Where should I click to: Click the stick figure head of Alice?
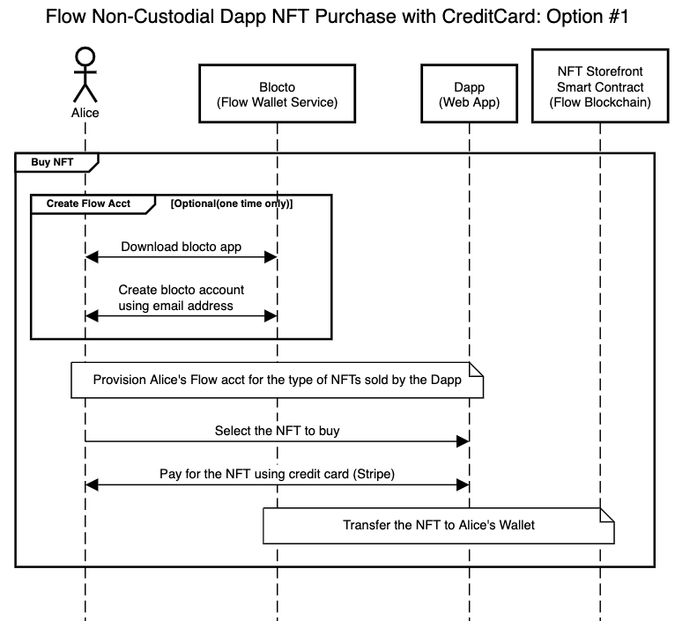click(85, 57)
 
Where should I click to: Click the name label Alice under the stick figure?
click(85, 113)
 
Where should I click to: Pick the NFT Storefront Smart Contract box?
click(599, 87)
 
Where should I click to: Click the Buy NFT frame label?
click(52, 161)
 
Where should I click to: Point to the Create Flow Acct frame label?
click(88, 203)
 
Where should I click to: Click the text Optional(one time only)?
click(231, 203)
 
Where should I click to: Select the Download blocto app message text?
click(182, 247)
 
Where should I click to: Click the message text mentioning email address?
click(182, 306)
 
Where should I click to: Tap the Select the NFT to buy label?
click(277, 432)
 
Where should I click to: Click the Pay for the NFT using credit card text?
click(277, 474)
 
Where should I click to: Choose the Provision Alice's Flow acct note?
click(277, 381)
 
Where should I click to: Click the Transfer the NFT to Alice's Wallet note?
click(438, 526)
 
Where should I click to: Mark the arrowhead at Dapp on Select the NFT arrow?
click(462, 441)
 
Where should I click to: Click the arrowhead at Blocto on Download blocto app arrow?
click(271, 256)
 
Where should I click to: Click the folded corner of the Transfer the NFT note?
click(606, 514)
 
